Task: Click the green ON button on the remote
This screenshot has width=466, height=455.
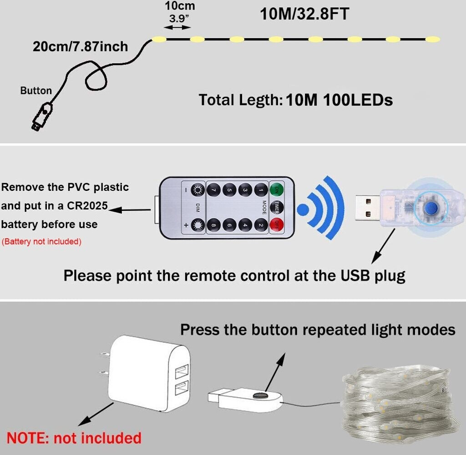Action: [x=276, y=189]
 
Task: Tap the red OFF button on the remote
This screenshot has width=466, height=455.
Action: [x=276, y=225]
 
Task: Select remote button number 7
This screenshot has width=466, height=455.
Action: [x=213, y=189]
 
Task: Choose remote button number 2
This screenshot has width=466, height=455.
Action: [x=261, y=225]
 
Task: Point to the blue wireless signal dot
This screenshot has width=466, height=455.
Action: [x=303, y=210]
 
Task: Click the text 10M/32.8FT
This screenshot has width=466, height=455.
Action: [x=304, y=14]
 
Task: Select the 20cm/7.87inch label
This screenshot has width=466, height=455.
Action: [x=80, y=46]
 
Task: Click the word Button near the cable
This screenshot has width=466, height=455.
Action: [x=36, y=90]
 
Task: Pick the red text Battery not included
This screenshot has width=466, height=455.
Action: [x=42, y=242]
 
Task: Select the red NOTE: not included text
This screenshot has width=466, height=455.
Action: [x=74, y=438]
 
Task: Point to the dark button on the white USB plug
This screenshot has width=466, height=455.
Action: [x=261, y=396]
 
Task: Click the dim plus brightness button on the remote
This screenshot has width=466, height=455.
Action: [x=198, y=225]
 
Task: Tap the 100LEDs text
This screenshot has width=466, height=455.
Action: [x=358, y=100]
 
